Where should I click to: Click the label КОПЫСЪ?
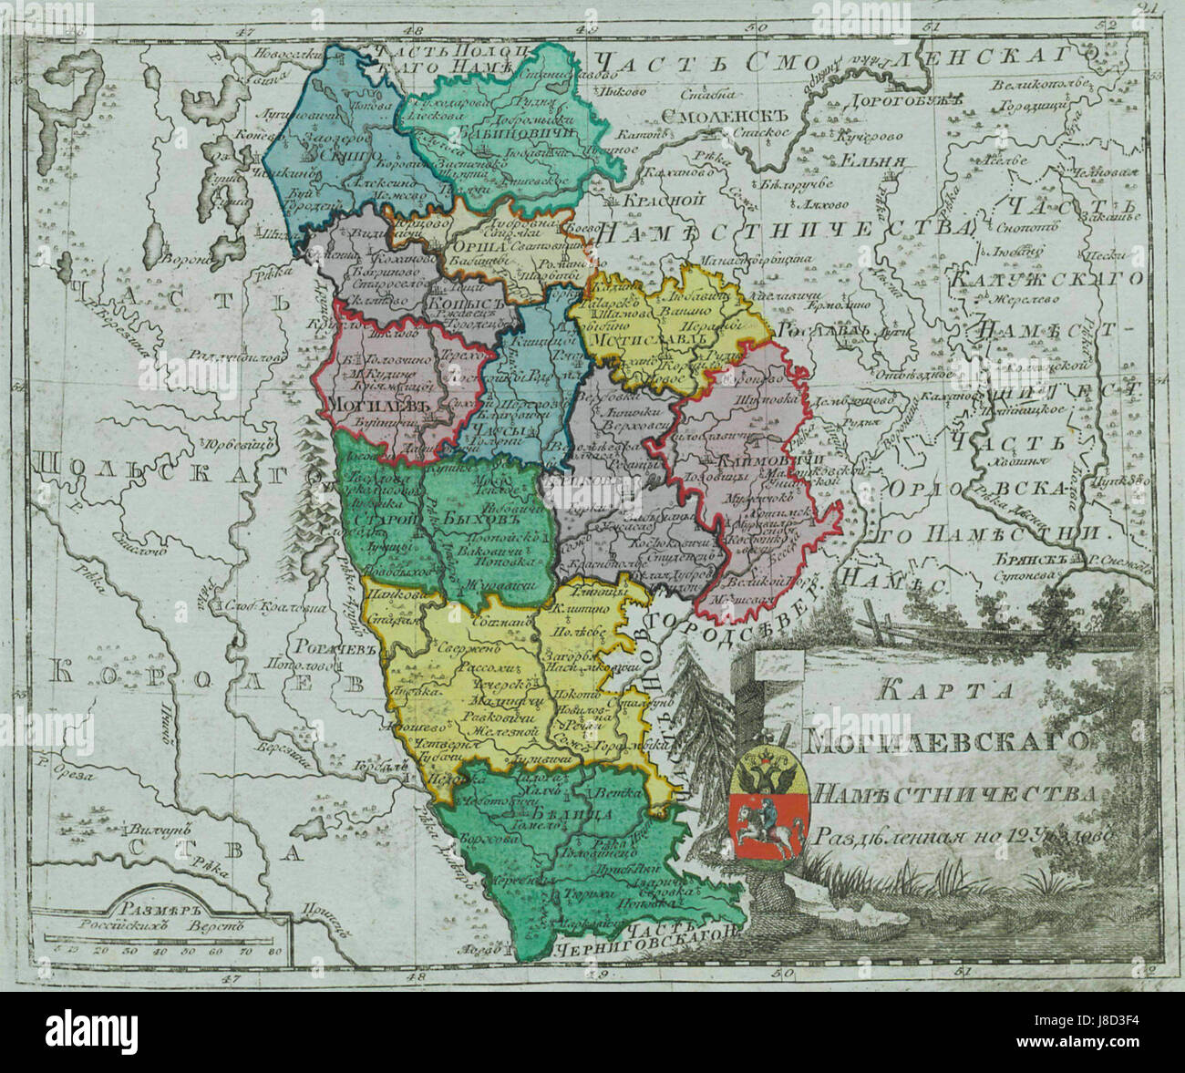click(x=459, y=302)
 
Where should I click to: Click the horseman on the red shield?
click(x=768, y=818)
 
